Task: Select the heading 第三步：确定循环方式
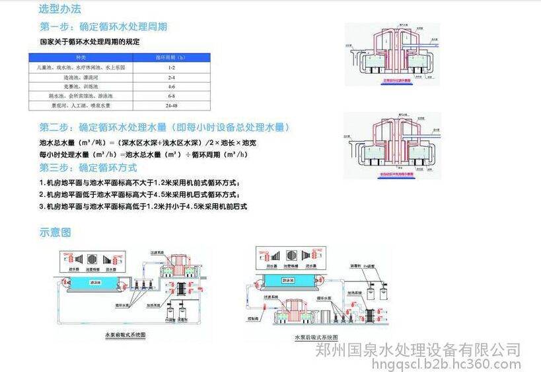pyautogui.click(x=91, y=167)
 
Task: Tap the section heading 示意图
pyautogui.click(x=55, y=232)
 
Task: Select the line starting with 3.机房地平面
pyautogui.click(x=143, y=207)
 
